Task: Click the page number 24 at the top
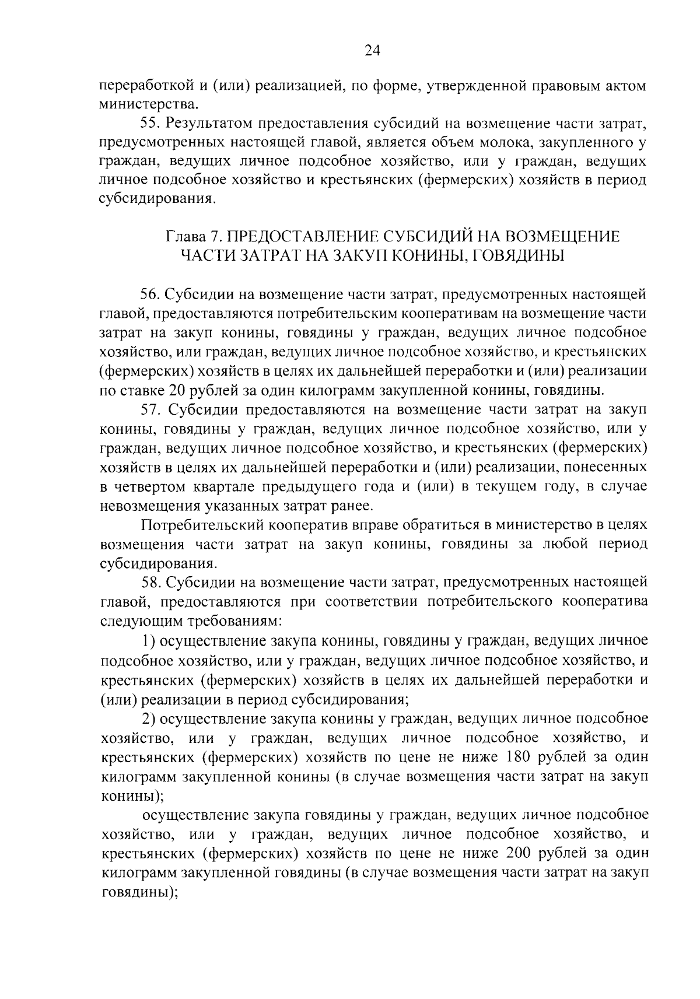pyautogui.click(x=372, y=51)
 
